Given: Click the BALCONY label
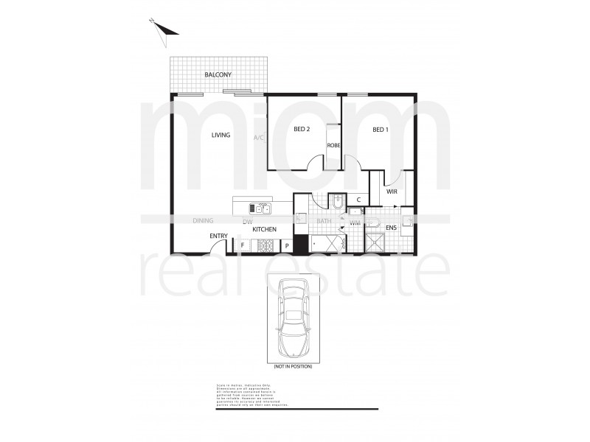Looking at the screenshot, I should point(218,75).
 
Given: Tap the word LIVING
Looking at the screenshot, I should point(221,135).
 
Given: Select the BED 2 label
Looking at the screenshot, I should point(302,130).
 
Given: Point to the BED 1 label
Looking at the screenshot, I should point(380,130).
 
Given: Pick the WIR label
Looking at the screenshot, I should point(392,193).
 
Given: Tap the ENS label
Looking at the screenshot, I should point(391,228).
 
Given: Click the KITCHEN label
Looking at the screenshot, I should point(264,230).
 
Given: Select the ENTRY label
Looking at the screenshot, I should point(218,236).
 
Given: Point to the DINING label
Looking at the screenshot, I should point(203,220).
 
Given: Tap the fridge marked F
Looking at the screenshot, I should point(242,245).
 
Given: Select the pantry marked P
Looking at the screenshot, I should point(287,245).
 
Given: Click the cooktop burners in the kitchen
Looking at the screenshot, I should point(263,245).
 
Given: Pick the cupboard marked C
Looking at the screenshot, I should point(358,200).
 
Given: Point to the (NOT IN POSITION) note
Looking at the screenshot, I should point(293,366).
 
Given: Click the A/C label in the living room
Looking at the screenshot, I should point(258,138).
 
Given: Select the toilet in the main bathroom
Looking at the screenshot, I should point(336,201).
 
